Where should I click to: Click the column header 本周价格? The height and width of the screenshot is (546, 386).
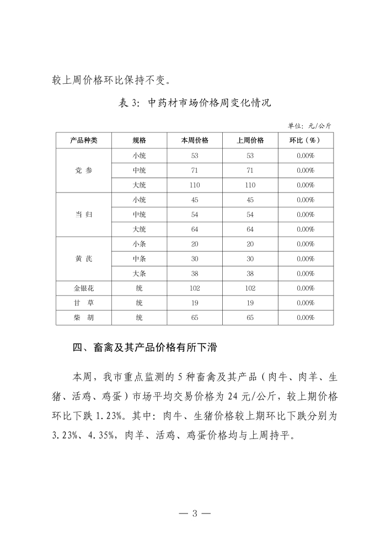tap(195, 141)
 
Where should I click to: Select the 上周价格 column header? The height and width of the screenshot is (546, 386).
tap(250, 141)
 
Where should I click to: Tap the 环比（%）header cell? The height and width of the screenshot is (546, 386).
tap(305, 141)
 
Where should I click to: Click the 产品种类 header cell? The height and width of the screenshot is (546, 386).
tap(84, 141)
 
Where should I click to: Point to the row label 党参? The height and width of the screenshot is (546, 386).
tap(84, 170)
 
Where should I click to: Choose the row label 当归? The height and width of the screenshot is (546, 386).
tap(84, 215)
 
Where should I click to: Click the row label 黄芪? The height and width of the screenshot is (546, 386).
tap(84, 259)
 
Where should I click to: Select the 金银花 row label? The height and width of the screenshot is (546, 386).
tap(84, 288)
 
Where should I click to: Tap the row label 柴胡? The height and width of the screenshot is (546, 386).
tap(84, 318)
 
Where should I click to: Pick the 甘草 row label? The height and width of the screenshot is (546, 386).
tap(84, 303)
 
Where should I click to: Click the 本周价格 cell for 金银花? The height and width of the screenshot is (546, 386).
tap(195, 288)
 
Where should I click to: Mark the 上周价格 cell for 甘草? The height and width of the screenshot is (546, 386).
tap(250, 303)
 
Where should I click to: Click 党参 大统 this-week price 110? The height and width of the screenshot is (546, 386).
tap(195, 185)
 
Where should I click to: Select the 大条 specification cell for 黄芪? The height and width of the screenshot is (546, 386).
tap(139, 274)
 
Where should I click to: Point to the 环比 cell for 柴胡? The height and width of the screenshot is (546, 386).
tap(305, 318)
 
